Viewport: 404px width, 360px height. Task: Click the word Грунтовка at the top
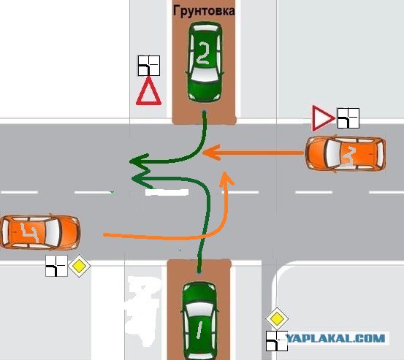(204, 11)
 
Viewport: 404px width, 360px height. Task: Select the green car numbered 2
(205, 62)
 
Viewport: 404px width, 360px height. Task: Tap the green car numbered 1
(200, 321)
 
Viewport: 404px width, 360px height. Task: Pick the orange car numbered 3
(346, 154)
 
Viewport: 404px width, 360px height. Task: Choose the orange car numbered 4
(40, 232)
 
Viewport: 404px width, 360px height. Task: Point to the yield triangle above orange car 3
(323, 118)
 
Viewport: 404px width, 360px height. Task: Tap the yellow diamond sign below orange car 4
(79, 266)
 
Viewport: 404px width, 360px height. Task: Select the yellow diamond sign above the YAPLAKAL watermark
(277, 319)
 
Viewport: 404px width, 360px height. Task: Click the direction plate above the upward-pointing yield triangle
(149, 66)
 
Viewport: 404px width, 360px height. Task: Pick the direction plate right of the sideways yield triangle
(348, 118)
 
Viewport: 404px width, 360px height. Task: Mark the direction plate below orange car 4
(56, 266)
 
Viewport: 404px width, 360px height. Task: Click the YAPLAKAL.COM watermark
(336, 338)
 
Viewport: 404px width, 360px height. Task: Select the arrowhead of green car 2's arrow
(139, 161)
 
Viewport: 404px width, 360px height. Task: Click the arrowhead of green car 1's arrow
(141, 179)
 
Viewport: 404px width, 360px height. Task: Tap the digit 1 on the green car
(199, 330)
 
